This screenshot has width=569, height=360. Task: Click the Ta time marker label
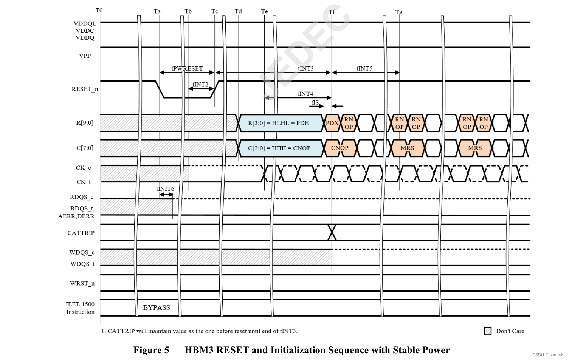(x=157, y=11)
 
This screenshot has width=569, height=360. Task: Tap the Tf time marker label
(x=332, y=12)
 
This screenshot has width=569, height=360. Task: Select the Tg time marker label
(x=399, y=12)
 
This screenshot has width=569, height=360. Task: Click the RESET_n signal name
(x=85, y=89)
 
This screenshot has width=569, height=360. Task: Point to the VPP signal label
(x=85, y=56)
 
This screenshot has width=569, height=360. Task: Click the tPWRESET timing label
(x=187, y=68)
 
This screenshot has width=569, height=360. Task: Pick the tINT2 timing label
(x=200, y=84)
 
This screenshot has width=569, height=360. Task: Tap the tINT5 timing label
(x=364, y=68)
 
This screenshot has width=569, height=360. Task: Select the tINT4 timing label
(x=305, y=94)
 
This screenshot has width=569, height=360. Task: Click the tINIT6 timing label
(x=165, y=189)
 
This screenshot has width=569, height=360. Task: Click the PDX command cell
(x=332, y=123)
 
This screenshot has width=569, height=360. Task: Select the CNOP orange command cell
(x=340, y=148)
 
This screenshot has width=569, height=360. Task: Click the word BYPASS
(x=157, y=307)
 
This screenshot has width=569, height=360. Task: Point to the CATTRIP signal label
(x=81, y=233)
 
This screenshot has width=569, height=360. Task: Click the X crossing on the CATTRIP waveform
(x=332, y=232)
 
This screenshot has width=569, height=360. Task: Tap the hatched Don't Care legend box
(x=488, y=331)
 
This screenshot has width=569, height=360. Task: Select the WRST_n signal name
(x=82, y=283)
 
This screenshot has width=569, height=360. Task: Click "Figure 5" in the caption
(x=151, y=350)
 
